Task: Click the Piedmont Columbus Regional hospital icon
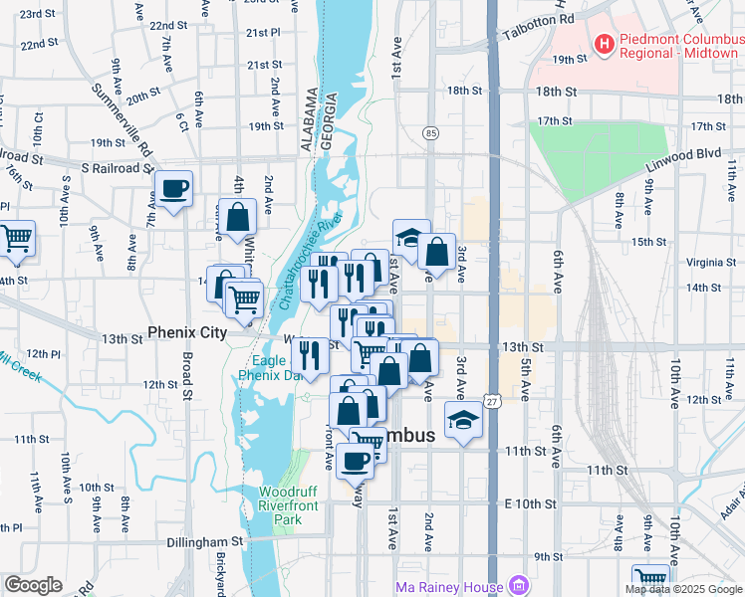(x=603, y=44)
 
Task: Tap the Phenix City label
(x=187, y=332)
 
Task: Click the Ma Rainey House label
(x=449, y=585)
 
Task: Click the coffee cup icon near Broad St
(x=173, y=188)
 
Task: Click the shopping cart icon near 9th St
(x=650, y=579)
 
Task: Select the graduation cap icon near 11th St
(x=463, y=422)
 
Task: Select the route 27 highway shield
(x=493, y=400)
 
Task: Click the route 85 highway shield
(x=430, y=132)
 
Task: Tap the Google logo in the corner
(x=33, y=585)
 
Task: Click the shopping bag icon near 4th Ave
(x=240, y=216)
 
